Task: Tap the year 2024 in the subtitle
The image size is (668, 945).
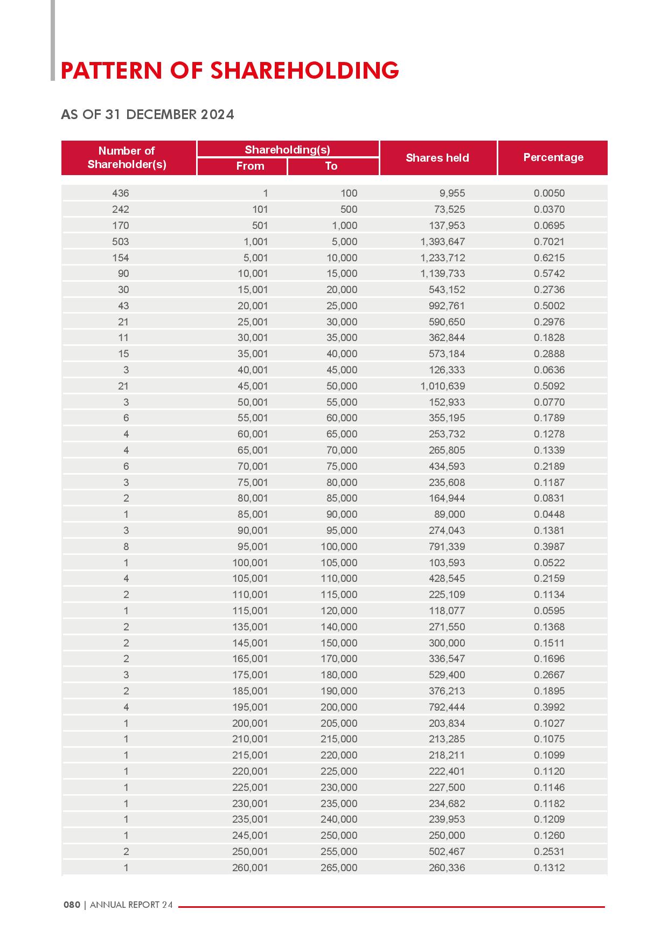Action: point(217,114)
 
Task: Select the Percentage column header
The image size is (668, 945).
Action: point(553,157)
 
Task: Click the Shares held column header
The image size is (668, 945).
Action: point(437,158)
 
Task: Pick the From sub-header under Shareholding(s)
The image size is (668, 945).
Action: point(250,166)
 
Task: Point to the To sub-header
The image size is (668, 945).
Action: point(331,166)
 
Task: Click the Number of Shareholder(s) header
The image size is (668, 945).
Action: point(127,157)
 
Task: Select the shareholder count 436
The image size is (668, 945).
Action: point(121,193)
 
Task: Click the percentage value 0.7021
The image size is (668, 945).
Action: point(549,241)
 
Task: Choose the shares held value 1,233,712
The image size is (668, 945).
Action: point(443,258)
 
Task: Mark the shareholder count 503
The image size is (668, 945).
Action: point(121,241)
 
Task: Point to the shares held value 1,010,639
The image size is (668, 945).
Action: point(443,386)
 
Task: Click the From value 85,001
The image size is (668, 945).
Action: point(253,514)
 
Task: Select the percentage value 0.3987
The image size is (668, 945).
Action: point(549,546)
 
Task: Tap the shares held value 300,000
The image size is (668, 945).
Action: point(447,643)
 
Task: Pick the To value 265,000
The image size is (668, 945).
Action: point(339,867)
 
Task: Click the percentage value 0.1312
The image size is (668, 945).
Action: point(549,867)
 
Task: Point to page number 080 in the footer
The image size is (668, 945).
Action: point(72,905)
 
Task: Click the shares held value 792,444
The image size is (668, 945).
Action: point(447,707)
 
